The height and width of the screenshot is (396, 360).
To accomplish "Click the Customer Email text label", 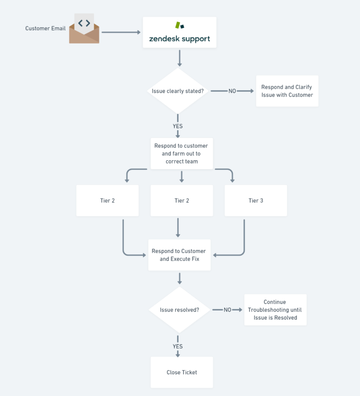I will (45, 29).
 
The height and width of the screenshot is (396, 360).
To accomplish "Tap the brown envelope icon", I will (84, 35).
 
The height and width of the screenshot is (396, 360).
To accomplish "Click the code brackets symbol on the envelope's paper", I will (84, 23).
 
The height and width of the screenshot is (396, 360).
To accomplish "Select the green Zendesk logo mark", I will (179, 25).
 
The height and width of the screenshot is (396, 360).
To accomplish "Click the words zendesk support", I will (180, 39).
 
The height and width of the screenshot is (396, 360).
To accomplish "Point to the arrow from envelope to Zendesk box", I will (121, 32).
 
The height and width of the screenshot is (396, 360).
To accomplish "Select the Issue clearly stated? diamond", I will (178, 91).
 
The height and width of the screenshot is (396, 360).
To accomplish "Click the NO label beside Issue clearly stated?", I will (232, 91).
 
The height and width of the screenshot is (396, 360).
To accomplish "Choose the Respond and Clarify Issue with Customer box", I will (287, 91).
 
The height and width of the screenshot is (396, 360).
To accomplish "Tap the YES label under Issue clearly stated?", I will (178, 126).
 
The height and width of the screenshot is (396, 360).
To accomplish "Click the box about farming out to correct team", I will (181, 153).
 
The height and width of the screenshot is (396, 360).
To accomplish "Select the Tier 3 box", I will (255, 200).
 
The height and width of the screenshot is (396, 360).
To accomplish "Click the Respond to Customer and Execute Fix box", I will (179, 255).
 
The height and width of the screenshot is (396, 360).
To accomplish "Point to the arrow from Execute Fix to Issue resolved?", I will (179, 278).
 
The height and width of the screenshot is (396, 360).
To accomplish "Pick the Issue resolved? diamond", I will (179, 310).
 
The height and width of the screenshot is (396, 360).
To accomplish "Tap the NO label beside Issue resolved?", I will (227, 310).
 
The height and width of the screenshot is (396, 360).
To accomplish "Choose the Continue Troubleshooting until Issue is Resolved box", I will (275, 310).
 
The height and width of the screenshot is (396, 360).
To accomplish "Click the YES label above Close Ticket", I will (178, 346).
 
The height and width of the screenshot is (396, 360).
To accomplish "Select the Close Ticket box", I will (181, 372).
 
